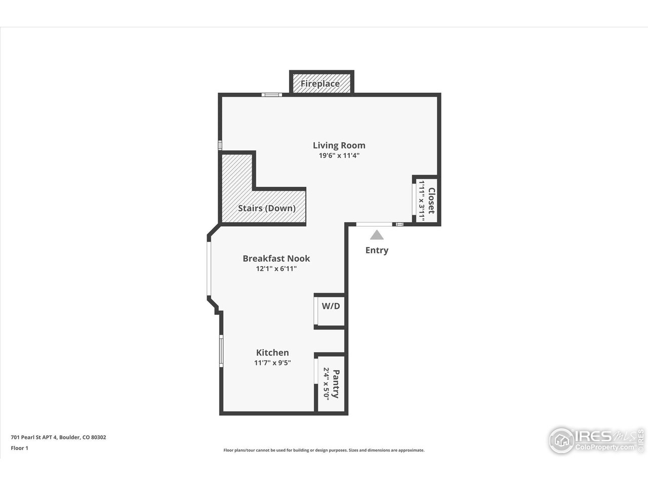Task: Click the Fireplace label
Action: (320, 84)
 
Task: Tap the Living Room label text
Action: (339, 145)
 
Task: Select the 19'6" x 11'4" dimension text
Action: (339, 156)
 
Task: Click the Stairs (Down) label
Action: (267, 208)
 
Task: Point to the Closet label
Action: (431, 201)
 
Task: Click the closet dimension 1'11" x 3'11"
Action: (421, 201)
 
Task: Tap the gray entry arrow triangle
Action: (377, 235)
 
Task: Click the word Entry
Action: (377, 250)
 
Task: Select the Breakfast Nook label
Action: (276, 258)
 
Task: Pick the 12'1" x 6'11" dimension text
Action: (276, 269)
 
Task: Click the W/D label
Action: (331, 306)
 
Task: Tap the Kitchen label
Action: (272, 352)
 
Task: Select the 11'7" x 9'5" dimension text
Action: (272, 362)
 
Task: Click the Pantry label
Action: (336, 384)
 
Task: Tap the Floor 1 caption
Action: (19, 448)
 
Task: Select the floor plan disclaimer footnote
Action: (324, 450)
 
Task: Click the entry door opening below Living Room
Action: (374, 224)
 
